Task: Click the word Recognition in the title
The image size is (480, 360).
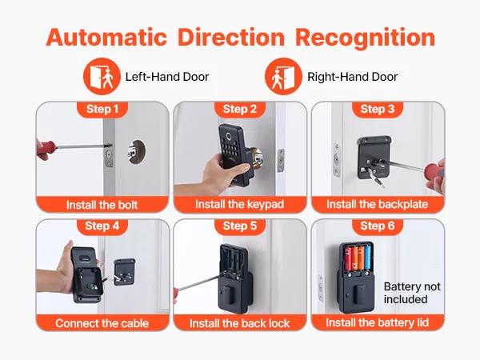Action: pos(366,38)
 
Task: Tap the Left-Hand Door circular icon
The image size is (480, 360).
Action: pos(102,76)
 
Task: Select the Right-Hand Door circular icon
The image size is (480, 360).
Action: pos(283,76)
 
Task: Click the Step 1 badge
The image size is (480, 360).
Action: pos(102,109)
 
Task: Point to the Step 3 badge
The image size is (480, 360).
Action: pos(378,109)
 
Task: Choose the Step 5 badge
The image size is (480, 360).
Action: pos(240,226)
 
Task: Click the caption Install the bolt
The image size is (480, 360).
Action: pos(102,205)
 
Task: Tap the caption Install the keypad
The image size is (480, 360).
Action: pos(240,204)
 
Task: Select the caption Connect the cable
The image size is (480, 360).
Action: pos(102,323)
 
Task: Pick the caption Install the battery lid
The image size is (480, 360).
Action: pos(377,322)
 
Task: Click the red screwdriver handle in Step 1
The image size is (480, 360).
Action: pos(46,147)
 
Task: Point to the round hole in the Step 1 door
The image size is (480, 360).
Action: pos(137,151)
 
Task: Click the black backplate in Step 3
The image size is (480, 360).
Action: pos(374,158)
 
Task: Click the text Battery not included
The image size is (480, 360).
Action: pos(412,293)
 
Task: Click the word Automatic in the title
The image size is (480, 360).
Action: pos(106,38)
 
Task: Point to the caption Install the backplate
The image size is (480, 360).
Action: pos(377,204)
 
